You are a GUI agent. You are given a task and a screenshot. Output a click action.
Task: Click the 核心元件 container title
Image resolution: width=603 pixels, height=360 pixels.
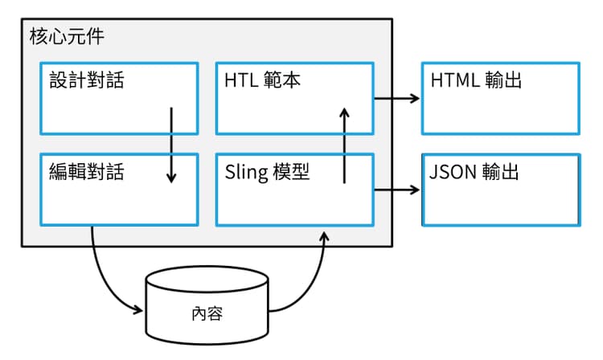pos(66,36)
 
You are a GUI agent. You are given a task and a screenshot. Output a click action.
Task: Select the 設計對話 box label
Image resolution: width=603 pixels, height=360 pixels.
pos(87,80)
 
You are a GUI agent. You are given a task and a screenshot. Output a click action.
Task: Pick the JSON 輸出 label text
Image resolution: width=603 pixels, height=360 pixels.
pos(474,172)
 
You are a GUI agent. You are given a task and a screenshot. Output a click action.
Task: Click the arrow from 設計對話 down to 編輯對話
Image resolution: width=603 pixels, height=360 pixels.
pos(170,145)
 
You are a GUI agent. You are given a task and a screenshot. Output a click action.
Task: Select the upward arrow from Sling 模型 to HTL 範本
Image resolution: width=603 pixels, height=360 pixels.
pos(344,145)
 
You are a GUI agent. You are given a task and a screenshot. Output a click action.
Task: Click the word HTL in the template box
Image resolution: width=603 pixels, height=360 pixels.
pos(240,80)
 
